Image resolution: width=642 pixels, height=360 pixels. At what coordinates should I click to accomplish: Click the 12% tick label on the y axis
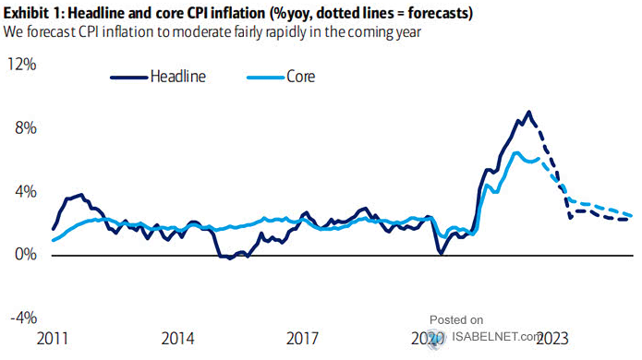(21, 65)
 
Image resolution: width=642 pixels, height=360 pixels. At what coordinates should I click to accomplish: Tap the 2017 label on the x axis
(305, 338)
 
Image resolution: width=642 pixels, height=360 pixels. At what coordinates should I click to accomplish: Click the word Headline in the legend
(178, 77)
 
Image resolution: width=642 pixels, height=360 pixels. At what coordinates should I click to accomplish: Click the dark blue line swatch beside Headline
(128, 77)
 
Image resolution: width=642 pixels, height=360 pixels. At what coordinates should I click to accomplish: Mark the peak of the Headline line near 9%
(527, 113)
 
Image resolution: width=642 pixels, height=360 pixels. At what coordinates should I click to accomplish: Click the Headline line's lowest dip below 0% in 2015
(230, 258)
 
